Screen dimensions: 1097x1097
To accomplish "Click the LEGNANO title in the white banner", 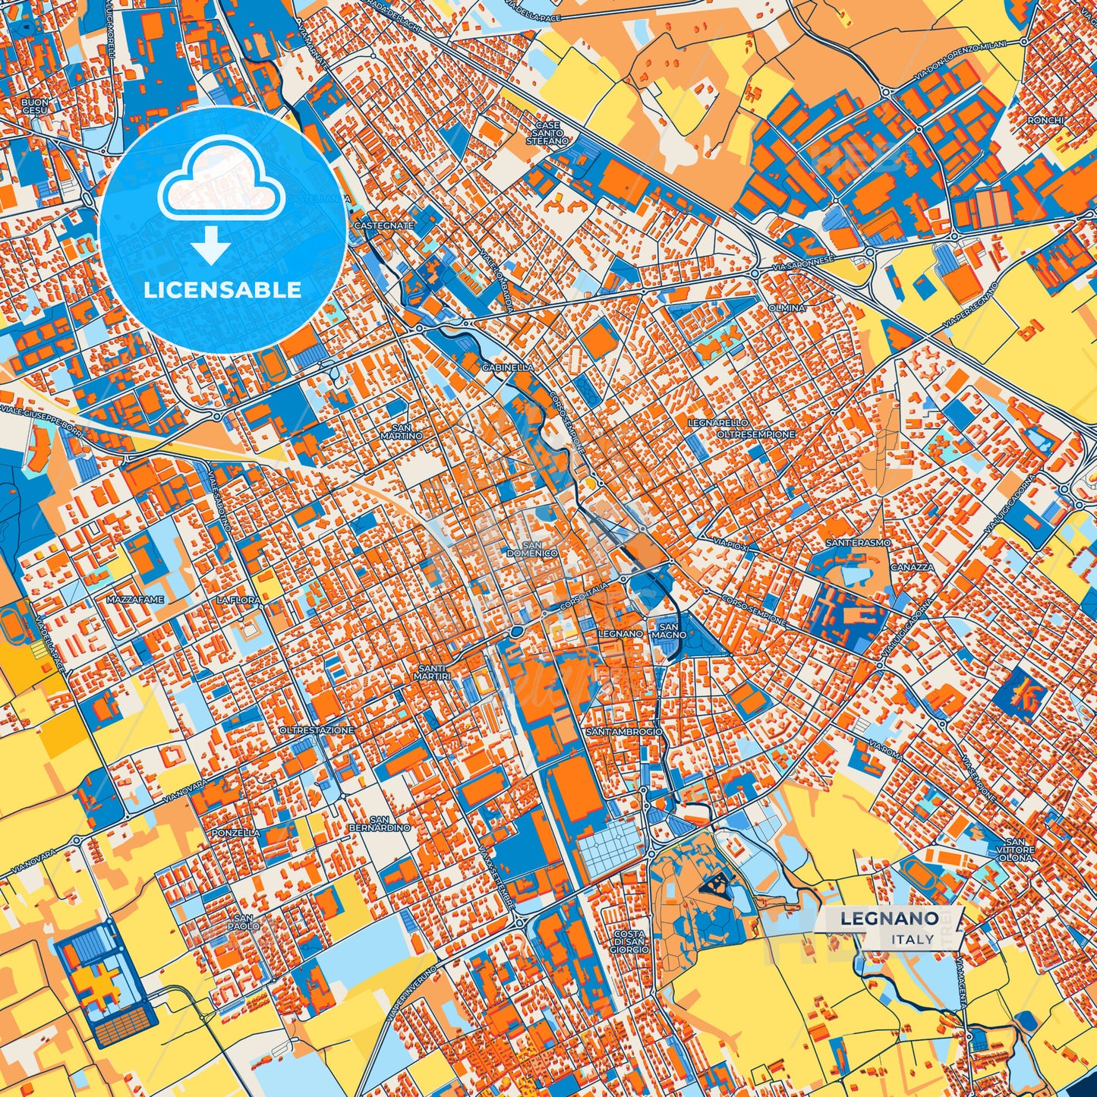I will [x=888, y=918].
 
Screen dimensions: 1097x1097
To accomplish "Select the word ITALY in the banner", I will [x=913, y=939].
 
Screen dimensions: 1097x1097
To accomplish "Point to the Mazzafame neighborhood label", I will [x=135, y=600].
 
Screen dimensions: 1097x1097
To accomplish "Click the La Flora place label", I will [x=238, y=600].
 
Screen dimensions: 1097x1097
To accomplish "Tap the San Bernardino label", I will [x=389, y=823].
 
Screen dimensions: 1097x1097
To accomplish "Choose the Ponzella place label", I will [x=236, y=833].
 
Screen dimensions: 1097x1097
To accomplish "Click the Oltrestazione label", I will [x=317, y=730].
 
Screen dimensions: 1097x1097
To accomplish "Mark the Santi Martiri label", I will [x=433, y=671].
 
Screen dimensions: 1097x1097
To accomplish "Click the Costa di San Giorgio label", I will [x=629, y=941].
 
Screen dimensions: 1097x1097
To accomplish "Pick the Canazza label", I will [x=913, y=567].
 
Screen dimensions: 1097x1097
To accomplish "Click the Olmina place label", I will [x=787, y=308].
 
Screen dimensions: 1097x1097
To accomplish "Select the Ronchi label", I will [x=1046, y=120].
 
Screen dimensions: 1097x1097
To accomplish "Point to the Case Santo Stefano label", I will [x=547, y=133].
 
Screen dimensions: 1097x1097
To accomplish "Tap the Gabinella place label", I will [x=507, y=367].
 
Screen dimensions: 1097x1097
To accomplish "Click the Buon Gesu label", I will [x=35, y=106].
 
